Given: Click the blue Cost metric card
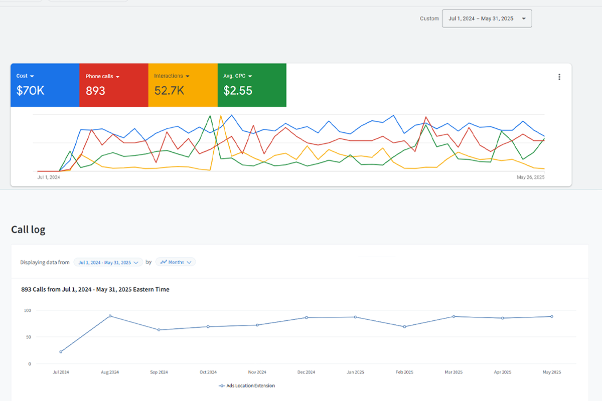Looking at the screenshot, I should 45,85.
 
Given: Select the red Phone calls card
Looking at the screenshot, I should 113,85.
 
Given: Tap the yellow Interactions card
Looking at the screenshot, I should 183,85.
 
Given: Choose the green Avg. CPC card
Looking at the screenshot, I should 252,85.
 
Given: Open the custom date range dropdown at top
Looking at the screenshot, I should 487,19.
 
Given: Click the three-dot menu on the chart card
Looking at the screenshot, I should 559,77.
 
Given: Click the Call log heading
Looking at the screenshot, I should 28,230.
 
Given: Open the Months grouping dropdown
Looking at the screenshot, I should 176,262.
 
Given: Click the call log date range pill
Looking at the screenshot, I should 108,262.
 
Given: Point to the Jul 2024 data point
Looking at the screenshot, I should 61,352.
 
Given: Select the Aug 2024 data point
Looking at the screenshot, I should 110,316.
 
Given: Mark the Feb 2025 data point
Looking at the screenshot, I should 404,327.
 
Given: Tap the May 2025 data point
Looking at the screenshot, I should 551,316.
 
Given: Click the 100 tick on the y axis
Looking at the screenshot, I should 27,311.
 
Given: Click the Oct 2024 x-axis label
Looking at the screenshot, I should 208,372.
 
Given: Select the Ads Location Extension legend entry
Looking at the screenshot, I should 247,386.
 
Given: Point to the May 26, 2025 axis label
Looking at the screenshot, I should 530,177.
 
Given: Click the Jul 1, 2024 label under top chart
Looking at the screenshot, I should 49,177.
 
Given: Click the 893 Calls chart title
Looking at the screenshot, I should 95,290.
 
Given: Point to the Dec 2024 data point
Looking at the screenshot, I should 306,318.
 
